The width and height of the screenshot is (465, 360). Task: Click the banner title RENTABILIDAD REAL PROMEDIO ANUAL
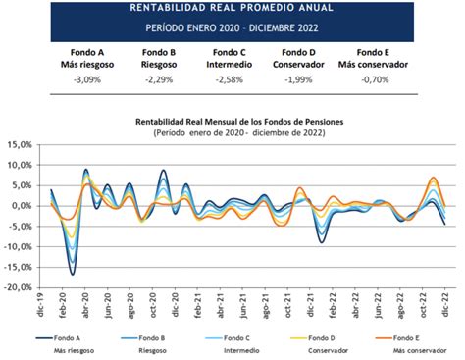[232, 8]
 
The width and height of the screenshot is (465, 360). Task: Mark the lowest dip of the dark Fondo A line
[73, 274]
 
